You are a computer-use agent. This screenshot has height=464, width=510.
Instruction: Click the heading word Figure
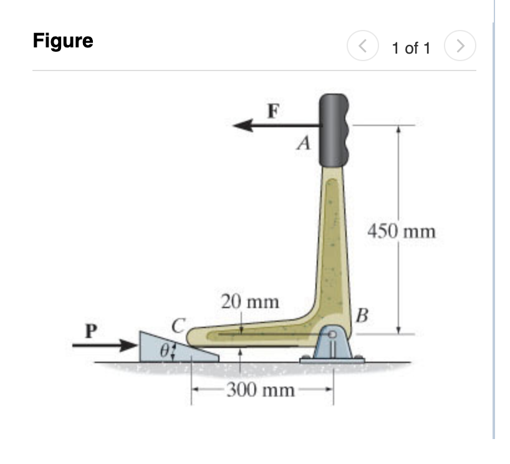[x=63, y=42]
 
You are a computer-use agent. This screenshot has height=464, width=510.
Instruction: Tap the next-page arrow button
[x=461, y=46]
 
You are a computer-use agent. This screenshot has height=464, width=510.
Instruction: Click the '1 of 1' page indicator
[x=411, y=48]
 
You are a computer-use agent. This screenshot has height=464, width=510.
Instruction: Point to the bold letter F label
[x=272, y=111]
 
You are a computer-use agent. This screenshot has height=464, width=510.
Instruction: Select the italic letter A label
[x=304, y=145]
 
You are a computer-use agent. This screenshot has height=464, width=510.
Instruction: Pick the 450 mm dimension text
[x=402, y=232]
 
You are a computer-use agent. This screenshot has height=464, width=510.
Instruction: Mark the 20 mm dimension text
[x=249, y=302]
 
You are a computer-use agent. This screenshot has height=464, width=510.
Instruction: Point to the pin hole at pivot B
[x=334, y=336]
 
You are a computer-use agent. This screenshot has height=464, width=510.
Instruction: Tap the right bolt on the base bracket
[x=359, y=359]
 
